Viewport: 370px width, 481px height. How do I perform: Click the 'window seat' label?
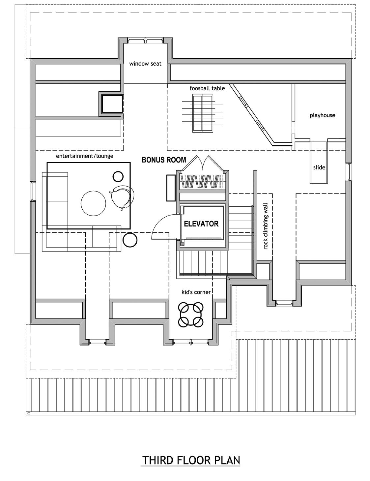pyautogui.click(x=145, y=64)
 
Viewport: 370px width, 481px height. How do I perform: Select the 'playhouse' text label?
pyautogui.click(x=322, y=115)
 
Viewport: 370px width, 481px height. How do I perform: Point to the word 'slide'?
pyautogui.click(x=319, y=167)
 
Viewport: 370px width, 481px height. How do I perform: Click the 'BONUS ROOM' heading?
pyautogui.click(x=164, y=160)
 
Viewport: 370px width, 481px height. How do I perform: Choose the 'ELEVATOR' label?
pyautogui.click(x=201, y=224)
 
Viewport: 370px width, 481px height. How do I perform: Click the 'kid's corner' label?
pyautogui.click(x=196, y=292)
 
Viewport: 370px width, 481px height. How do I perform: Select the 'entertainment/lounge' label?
pyautogui.click(x=84, y=156)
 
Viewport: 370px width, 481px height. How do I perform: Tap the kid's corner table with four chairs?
pyautogui.click(x=190, y=315)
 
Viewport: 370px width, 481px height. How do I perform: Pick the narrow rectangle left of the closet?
pyautogui.click(x=171, y=188)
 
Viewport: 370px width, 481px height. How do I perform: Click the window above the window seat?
pyautogui.click(x=145, y=40)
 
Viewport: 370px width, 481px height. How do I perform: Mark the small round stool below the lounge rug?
pyautogui.click(x=130, y=240)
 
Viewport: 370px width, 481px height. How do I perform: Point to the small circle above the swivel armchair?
pyautogui.click(x=118, y=177)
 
